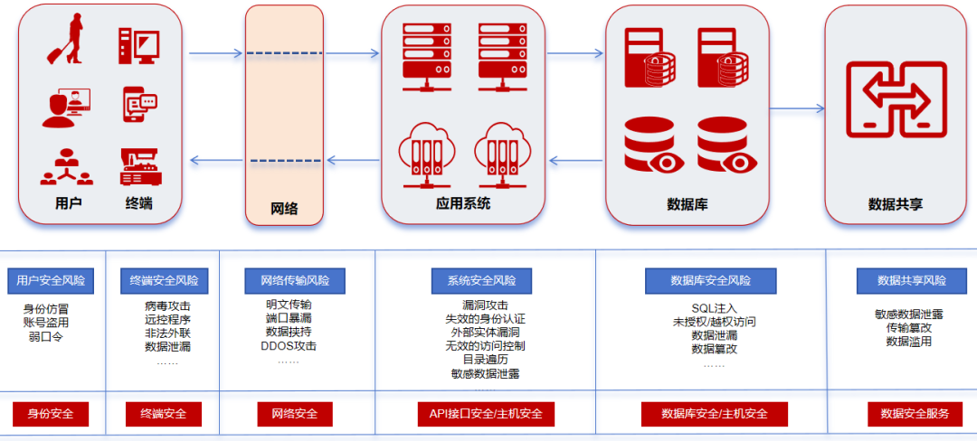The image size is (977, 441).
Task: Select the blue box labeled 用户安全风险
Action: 51,280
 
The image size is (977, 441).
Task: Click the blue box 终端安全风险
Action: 164,280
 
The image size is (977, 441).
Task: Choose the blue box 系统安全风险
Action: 481,280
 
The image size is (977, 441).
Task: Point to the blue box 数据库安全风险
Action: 710,280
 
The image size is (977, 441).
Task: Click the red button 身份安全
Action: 51,414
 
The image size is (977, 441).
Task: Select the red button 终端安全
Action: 164,414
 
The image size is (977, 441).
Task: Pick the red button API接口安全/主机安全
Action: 486,414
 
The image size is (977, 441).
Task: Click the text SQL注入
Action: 714,308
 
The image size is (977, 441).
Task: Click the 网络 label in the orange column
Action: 284,209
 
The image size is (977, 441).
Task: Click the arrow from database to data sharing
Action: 796,109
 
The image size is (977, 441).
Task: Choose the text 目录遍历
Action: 484,359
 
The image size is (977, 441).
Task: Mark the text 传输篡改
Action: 909,328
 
